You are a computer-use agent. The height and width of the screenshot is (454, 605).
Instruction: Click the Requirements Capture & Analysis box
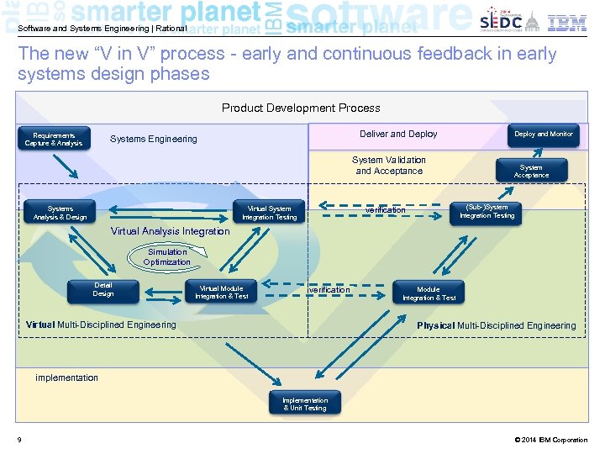pyautogui.click(x=54, y=140)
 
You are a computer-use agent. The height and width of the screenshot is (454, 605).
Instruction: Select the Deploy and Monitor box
pyautogui.click(x=543, y=135)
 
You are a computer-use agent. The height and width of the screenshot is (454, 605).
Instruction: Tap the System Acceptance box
pyautogui.click(x=531, y=172)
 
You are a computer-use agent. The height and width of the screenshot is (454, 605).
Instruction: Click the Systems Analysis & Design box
pyautogui.click(x=60, y=213)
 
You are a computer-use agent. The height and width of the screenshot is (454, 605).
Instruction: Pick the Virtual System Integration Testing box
pyautogui.click(x=269, y=213)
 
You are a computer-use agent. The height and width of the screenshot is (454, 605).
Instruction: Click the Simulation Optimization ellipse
pyautogui.click(x=167, y=257)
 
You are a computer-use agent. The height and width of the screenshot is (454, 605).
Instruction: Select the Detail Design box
pyautogui.click(x=103, y=290)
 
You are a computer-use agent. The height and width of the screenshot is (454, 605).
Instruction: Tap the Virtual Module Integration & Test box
pyautogui.click(x=222, y=293)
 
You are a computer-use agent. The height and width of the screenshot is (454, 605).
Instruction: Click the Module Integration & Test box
pyautogui.click(x=429, y=293)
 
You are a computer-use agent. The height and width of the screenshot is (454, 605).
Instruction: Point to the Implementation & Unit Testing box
pyautogui.click(x=304, y=404)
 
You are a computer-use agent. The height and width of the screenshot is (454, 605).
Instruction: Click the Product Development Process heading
pyautogui.click(x=301, y=108)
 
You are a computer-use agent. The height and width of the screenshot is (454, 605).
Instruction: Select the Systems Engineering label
pyautogui.click(x=154, y=139)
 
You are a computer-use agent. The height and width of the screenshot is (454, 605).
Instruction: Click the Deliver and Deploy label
pyautogui.click(x=398, y=134)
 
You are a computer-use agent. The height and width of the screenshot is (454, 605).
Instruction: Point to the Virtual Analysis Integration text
pyautogui.click(x=170, y=231)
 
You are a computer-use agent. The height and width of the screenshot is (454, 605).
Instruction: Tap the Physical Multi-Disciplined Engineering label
pyautogui.click(x=497, y=325)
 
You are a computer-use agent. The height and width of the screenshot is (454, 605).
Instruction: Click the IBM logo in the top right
pyautogui.click(x=567, y=23)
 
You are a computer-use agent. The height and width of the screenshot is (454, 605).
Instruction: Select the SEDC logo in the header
pyautogui.click(x=501, y=22)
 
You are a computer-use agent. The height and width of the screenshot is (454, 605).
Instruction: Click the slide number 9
pyautogui.click(x=19, y=440)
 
